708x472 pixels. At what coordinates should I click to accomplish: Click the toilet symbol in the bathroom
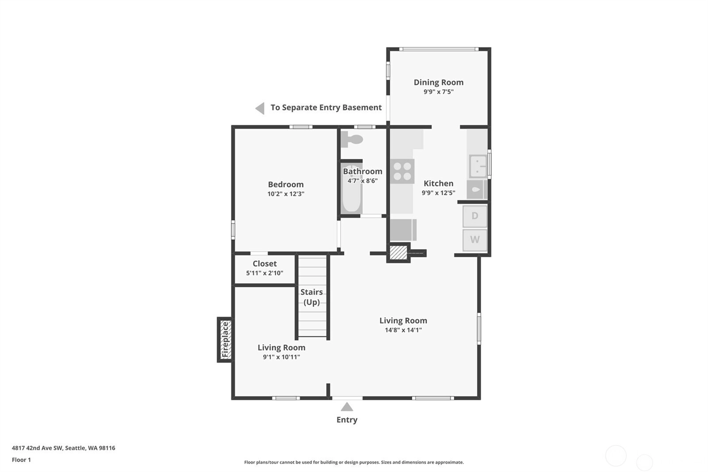[351, 139]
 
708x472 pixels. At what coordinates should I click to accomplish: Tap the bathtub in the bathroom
[351, 189]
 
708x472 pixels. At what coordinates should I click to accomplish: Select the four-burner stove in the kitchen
[402, 171]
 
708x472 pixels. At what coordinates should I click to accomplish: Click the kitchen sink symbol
[477, 166]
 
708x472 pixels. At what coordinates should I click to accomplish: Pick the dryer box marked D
[475, 216]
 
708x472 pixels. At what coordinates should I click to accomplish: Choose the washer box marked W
[475, 240]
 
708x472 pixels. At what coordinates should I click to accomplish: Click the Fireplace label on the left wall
[225, 340]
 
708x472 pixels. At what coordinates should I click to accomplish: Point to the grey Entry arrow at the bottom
[347, 406]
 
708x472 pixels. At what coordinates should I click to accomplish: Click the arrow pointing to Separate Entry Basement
[260, 108]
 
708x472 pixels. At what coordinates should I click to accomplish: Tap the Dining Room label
[439, 82]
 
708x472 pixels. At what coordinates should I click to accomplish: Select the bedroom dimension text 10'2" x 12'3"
[286, 193]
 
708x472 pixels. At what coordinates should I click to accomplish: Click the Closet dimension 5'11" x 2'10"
[265, 273]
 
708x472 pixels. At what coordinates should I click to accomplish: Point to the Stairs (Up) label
[312, 297]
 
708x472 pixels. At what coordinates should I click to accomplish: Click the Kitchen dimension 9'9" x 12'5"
[439, 193]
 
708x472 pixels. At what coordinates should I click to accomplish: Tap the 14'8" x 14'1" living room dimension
[403, 330]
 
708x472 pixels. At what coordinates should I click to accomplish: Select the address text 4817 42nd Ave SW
[38, 448]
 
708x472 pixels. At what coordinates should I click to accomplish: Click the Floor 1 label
[21, 460]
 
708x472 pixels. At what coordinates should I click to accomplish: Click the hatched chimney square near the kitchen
[398, 253]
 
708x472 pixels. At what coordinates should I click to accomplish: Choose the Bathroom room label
[362, 171]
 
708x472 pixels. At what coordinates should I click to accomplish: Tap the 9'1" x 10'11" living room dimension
[281, 357]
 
